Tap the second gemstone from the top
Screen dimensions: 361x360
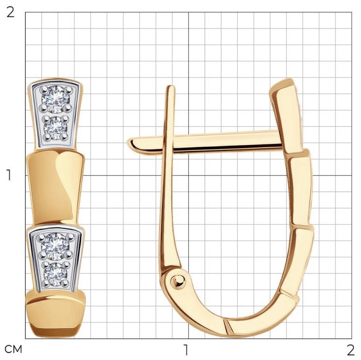(55, 128)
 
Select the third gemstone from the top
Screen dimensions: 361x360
(55, 246)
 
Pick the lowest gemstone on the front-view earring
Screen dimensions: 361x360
(55, 274)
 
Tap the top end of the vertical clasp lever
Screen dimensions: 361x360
(171, 87)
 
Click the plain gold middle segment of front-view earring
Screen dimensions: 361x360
(55, 186)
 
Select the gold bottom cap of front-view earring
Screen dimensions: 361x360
(55, 313)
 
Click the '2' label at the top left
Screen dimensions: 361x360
(10, 12)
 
